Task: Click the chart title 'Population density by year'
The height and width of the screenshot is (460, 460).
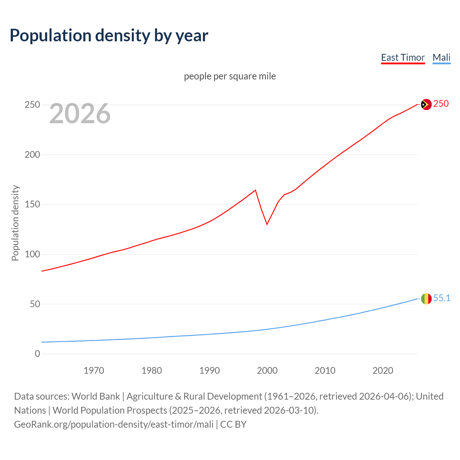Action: tap(109, 35)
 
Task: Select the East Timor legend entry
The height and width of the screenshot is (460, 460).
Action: tap(402, 57)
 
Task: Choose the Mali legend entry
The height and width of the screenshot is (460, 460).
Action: tap(441, 57)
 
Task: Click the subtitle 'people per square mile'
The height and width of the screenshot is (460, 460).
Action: tap(230, 76)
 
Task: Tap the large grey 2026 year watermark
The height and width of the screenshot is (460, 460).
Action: tap(80, 114)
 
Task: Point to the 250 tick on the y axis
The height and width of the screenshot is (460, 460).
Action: tap(32, 105)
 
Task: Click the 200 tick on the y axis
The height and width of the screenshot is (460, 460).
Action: tap(32, 155)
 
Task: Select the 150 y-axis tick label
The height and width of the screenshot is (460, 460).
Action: tap(32, 204)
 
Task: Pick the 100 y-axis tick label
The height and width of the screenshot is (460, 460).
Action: tap(32, 254)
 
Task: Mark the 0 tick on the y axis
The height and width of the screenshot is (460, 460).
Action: tap(37, 354)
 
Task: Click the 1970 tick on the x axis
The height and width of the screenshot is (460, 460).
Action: tap(94, 371)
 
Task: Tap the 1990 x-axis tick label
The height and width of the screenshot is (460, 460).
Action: tap(210, 371)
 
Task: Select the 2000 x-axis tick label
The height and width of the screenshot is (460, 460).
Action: tap(267, 371)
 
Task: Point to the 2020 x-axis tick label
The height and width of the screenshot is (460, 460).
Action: tap(383, 371)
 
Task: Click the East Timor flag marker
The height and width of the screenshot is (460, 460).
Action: tap(426, 105)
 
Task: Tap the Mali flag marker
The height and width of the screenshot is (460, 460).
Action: tap(426, 299)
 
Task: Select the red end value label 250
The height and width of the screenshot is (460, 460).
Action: tap(441, 104)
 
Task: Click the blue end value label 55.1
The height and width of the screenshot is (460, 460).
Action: tap(442, 298)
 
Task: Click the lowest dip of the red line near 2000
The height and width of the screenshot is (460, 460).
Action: tap(267, 224)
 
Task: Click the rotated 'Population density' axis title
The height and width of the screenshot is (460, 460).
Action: tap(15, 223)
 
